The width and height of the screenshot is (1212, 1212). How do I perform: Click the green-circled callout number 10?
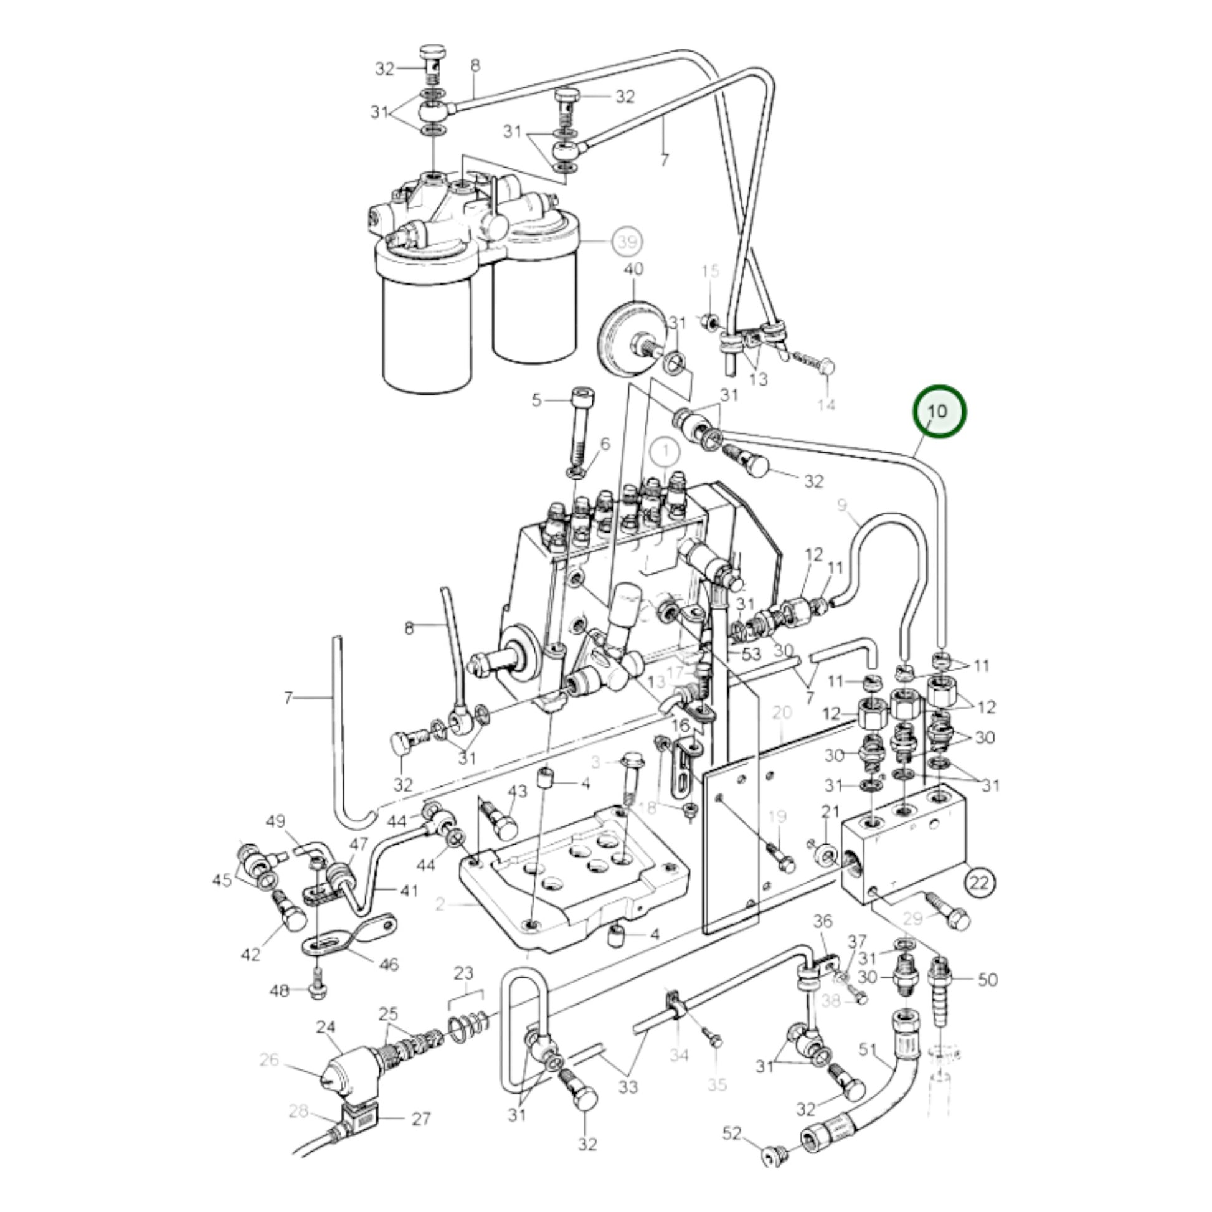coord(939,412)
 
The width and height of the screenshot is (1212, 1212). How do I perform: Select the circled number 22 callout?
coord(979,883)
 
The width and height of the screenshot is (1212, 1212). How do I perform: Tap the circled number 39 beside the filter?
coord(627,241)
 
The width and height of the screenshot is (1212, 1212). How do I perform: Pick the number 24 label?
coord(326,1028)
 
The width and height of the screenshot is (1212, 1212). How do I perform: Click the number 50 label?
coord(987,978)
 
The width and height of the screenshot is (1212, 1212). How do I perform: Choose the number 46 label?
coord(389,963)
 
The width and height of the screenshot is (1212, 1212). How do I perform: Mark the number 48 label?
coord(279,990)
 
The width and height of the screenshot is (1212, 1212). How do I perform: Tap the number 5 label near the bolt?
coord(536,400)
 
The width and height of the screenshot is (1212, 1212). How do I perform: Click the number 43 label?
coord(517,792)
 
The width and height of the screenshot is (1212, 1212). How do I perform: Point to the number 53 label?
coord(751,654)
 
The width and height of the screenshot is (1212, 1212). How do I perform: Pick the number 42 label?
coord(250,954)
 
